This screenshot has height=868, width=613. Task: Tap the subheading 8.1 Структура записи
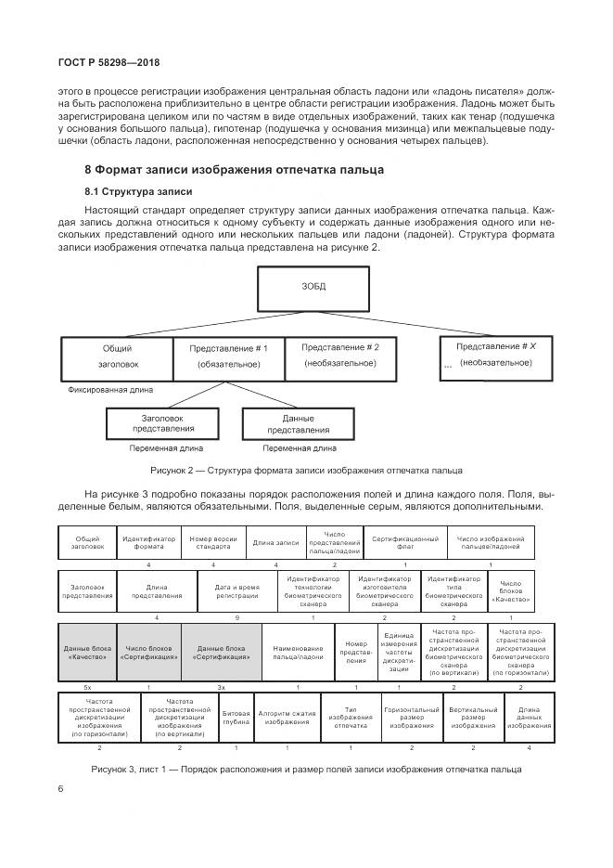tap(139, 191)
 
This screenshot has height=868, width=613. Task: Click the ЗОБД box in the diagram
tap(313, 287)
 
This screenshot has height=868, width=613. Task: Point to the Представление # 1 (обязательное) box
tap(228, 356)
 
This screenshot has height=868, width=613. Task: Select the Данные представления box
tap(299, 425)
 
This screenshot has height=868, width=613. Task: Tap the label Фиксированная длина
tap(110, 390)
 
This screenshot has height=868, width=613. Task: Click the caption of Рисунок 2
tap(306, 470)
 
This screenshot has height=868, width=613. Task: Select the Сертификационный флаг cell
tap(404, 543)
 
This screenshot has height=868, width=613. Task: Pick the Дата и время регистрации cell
tap(236, 591)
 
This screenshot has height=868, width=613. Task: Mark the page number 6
tap(60, 788)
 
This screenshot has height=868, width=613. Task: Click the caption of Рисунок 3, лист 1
tap(306, 769)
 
